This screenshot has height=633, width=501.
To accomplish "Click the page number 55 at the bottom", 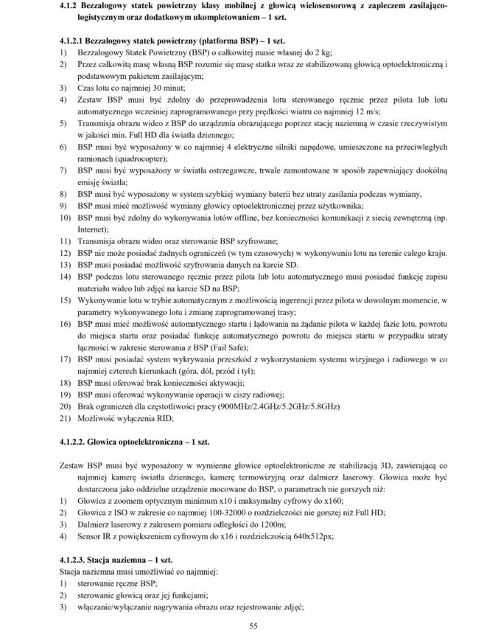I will coord(251,626).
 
